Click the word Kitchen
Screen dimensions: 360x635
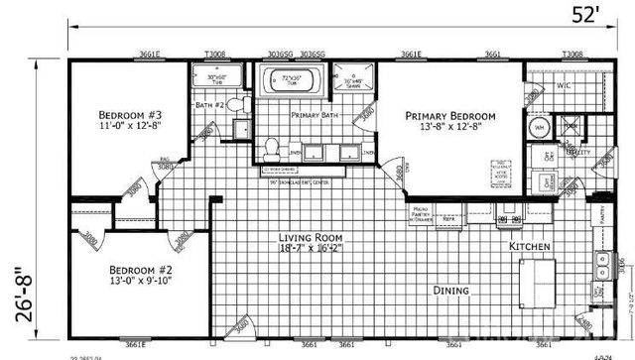point(530,245)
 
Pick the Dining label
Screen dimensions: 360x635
point(452,291)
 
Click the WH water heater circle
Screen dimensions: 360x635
point(541,128)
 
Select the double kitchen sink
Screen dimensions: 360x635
point(603,263)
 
